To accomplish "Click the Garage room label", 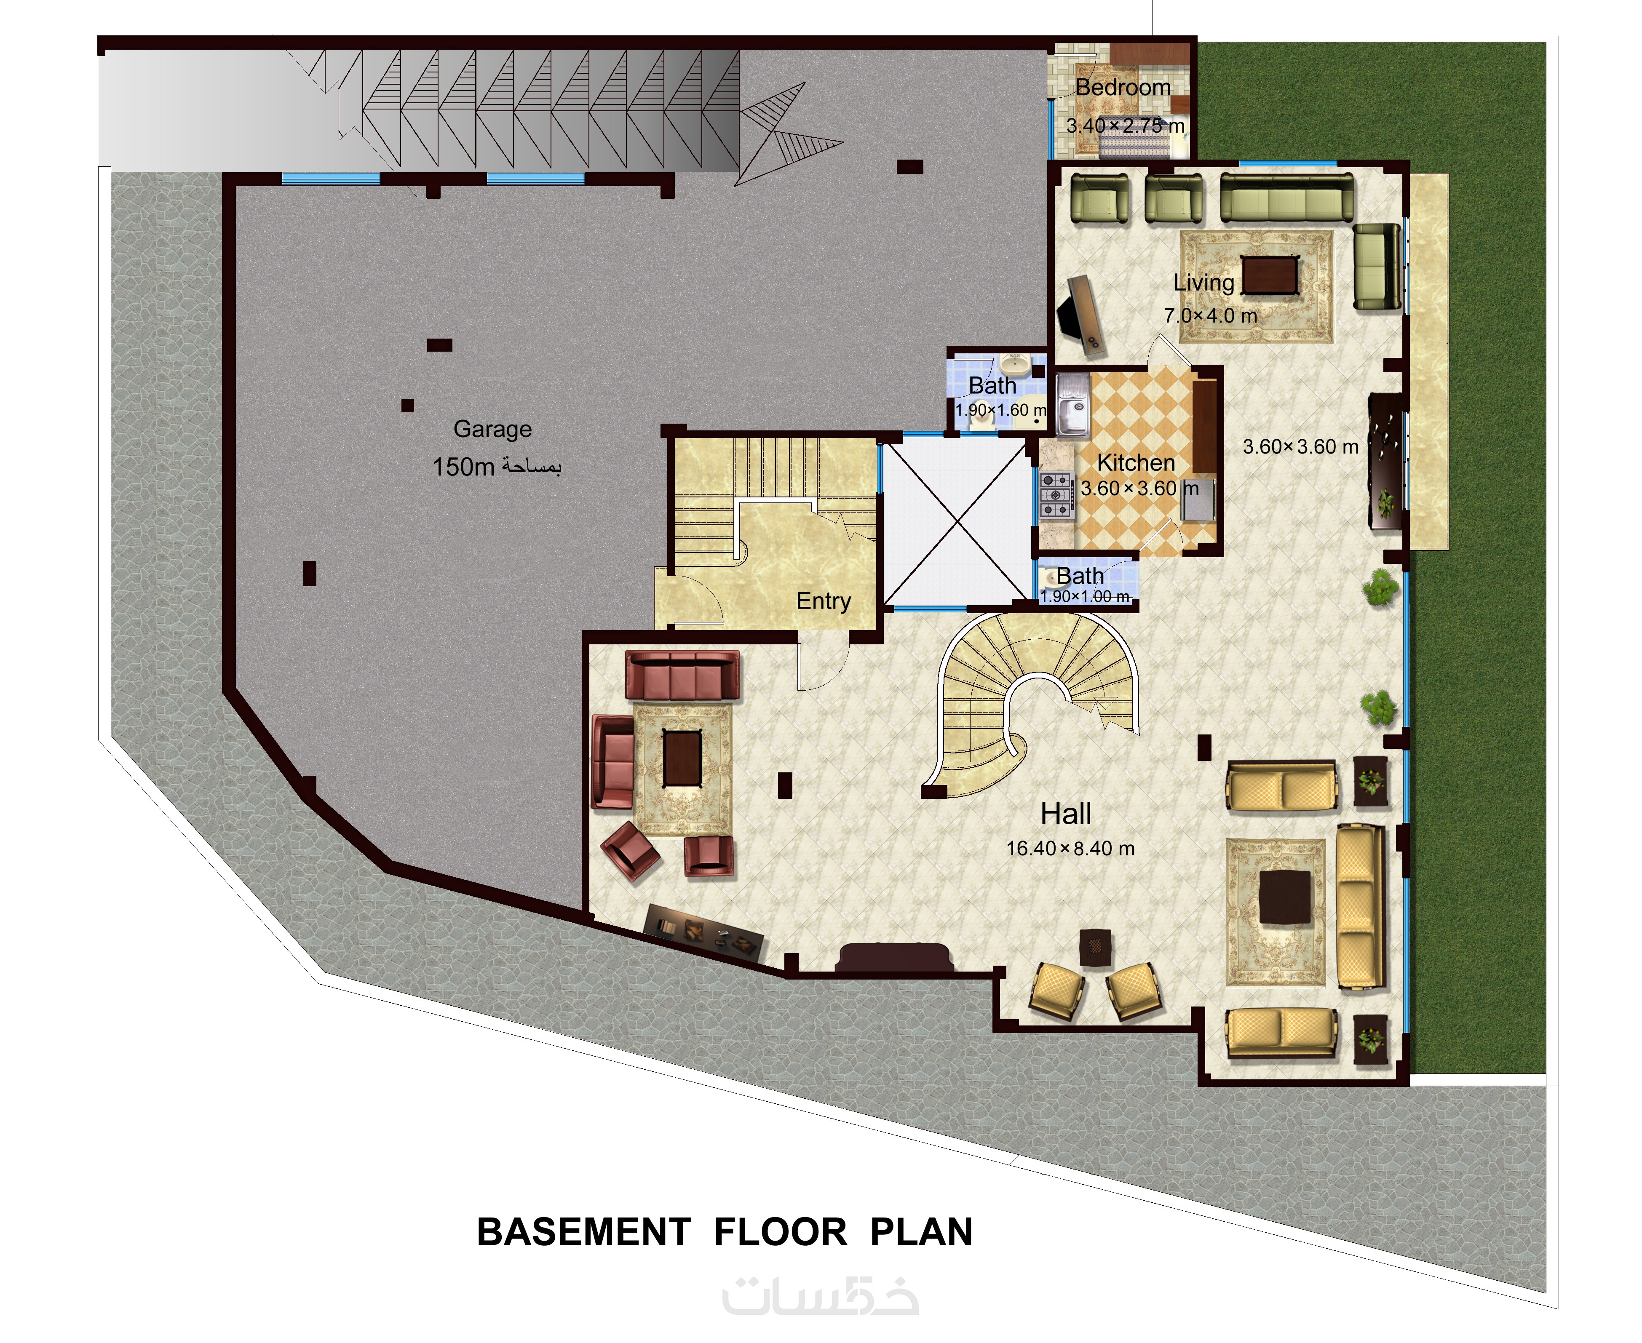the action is [x=492, y=430].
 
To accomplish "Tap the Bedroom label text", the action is [x=1123, y=88].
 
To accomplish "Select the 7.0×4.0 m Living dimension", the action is [x=1210, y=315].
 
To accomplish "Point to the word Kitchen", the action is [x=1136, y=463].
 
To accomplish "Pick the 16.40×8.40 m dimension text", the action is [x=1070, y=849].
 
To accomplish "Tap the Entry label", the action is [x=824, y=601].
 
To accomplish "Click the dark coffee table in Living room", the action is [x=1270, y=275].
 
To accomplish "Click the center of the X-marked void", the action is [x=958, y=520].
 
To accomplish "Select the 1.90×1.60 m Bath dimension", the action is [x=1000, y=410].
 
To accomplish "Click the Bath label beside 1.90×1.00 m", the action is [x=1080, y=577].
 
